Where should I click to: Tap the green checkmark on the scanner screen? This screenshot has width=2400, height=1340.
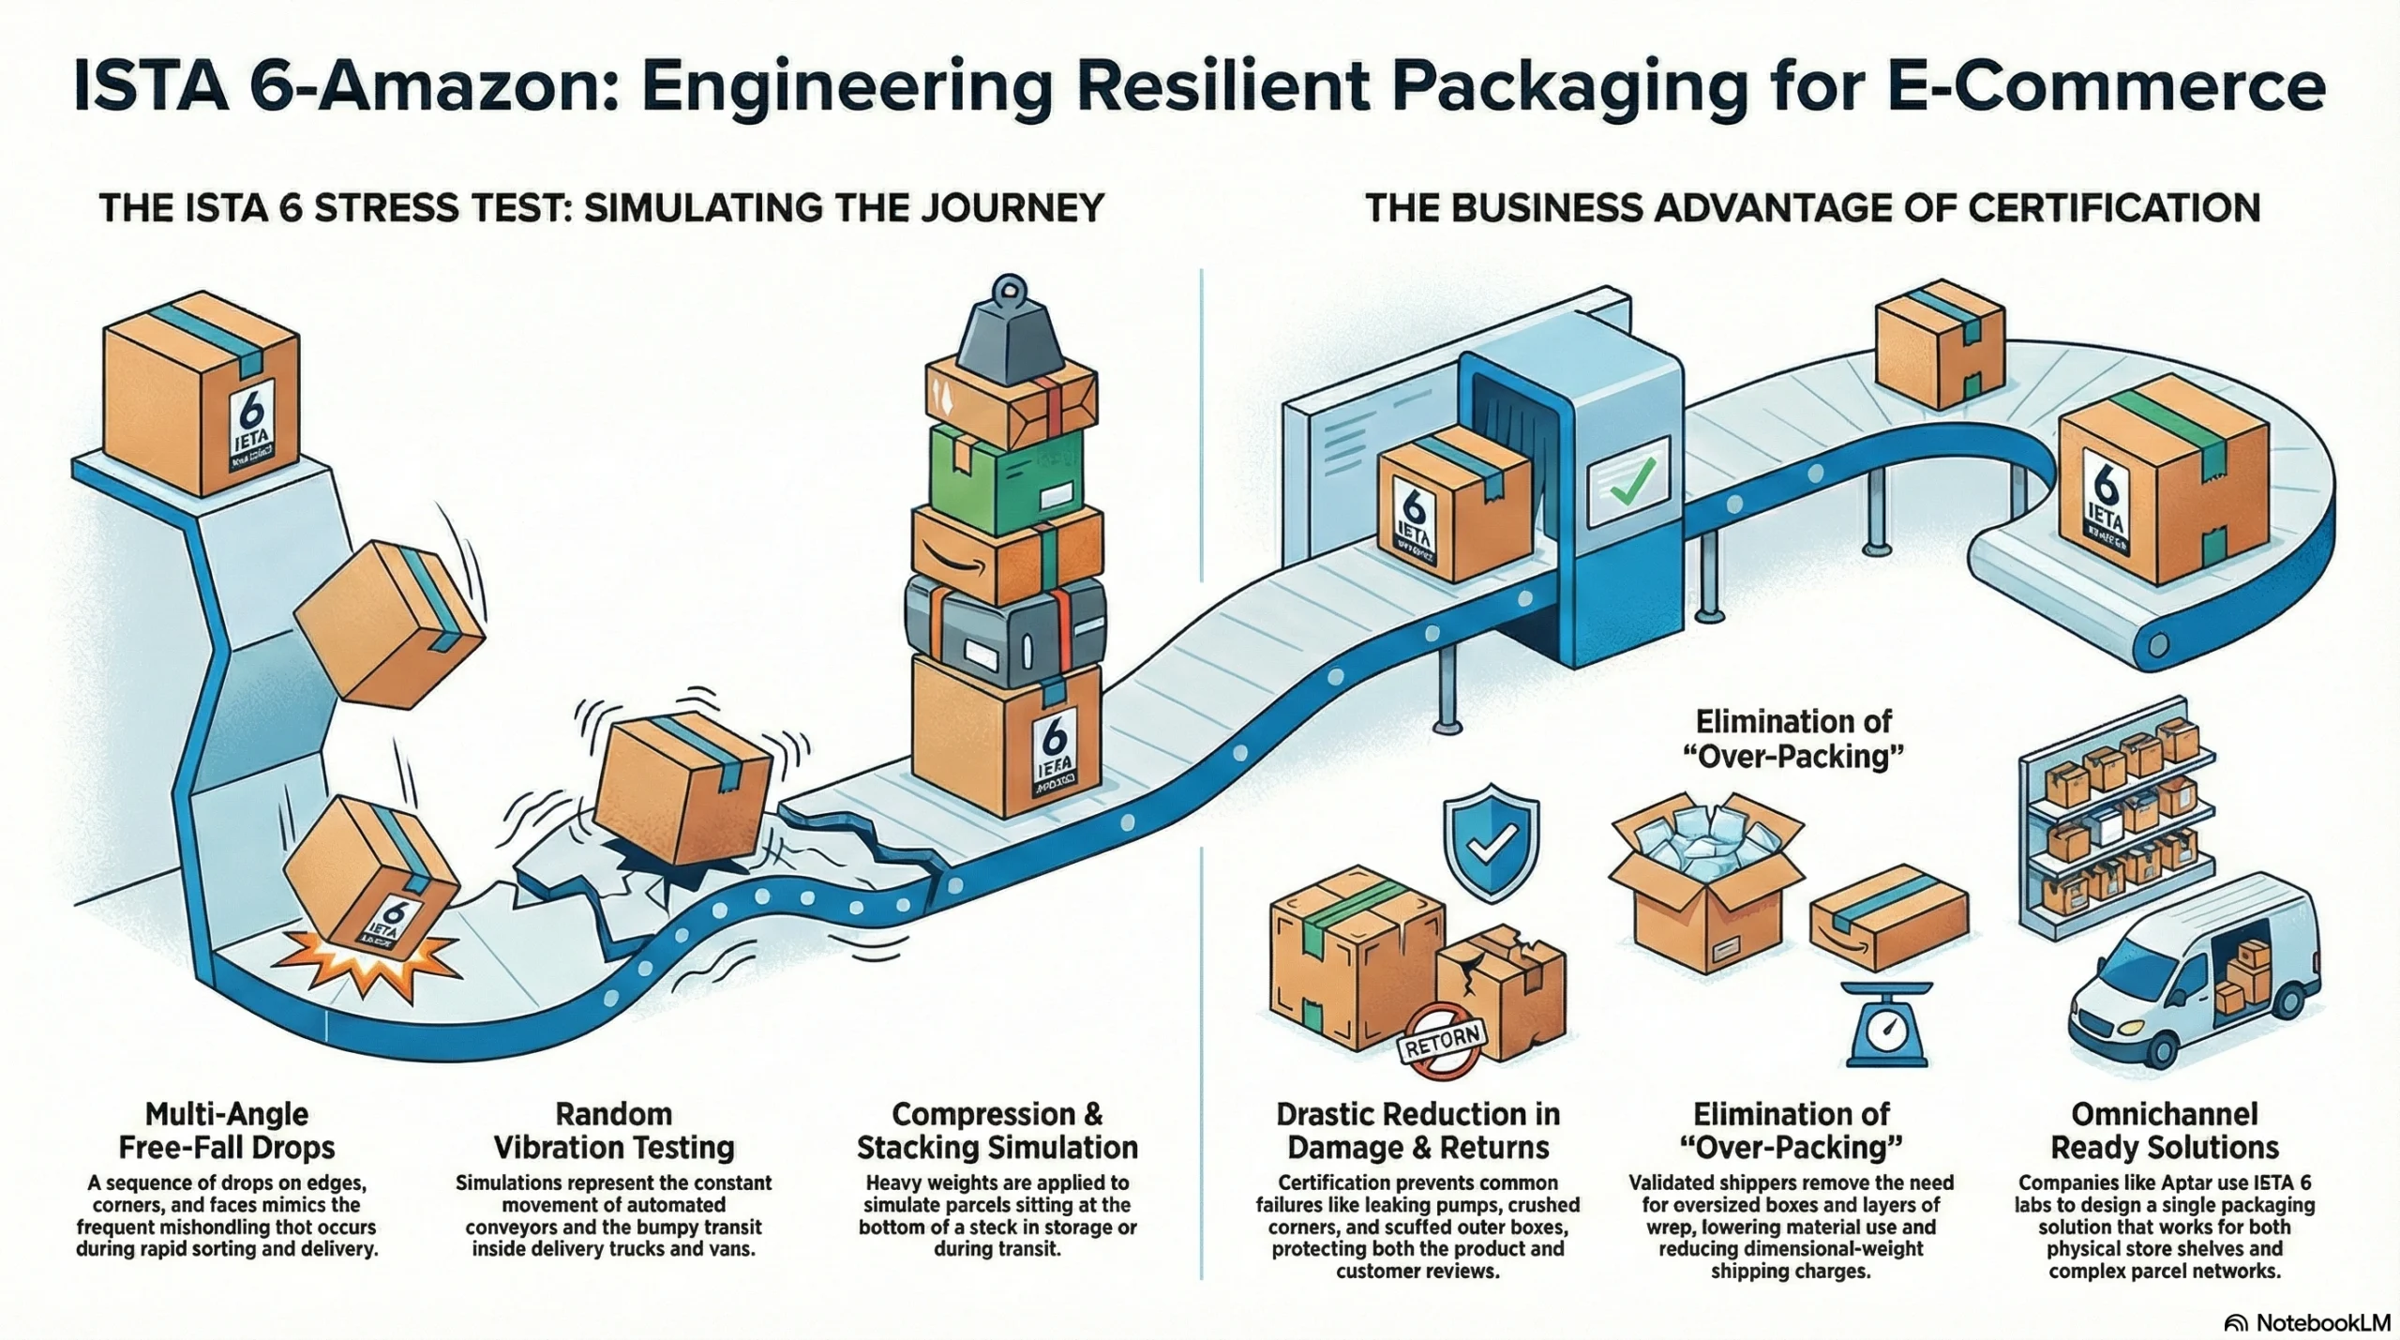pos(1631,481)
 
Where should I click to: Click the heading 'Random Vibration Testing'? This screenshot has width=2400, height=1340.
pos(614,1131)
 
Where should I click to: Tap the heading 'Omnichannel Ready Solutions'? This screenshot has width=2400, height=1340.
pos(2164,1131)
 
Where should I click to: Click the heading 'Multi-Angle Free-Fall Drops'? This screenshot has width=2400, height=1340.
pos(227,1131)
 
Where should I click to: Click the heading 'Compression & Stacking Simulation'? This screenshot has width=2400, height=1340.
pos(997,1131)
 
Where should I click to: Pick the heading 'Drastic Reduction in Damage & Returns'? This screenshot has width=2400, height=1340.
pos(1417,1131)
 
